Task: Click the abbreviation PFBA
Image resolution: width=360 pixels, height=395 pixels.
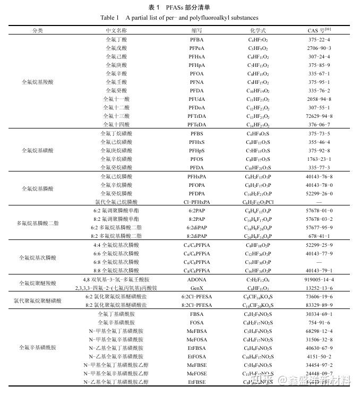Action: pyautogui.click(x=196, y=40)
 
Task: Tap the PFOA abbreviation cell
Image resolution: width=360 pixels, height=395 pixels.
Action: pyautogui.click(x=196, y=74)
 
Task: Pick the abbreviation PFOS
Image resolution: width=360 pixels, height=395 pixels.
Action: pyautogui.click(x=196, y=159)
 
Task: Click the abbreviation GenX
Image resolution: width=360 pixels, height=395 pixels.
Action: pyautogui.click(x=196, y=287)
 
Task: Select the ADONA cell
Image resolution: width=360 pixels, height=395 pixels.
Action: pyautogui.click(x=196, y=279)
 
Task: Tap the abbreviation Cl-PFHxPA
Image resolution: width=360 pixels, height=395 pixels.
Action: pyautogui.click(x=196, y=202)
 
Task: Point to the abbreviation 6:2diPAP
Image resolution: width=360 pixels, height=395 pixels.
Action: pyautogui.click(x=196, y=227)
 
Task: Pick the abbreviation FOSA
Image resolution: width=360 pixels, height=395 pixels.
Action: pyautogui.click(x=196, y=322)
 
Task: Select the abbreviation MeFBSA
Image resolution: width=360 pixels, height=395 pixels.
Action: pyautogui.click(x=196, y=331)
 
